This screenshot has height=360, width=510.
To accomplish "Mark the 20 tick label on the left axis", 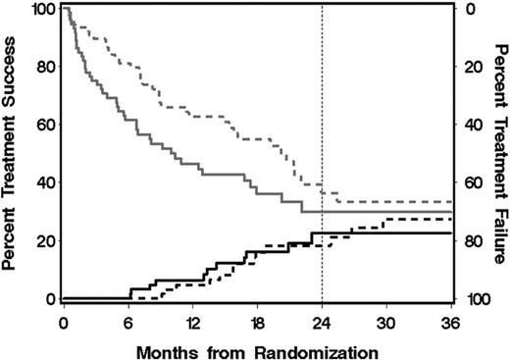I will (45, 241).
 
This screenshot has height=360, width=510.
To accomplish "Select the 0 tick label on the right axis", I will (467, 10).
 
